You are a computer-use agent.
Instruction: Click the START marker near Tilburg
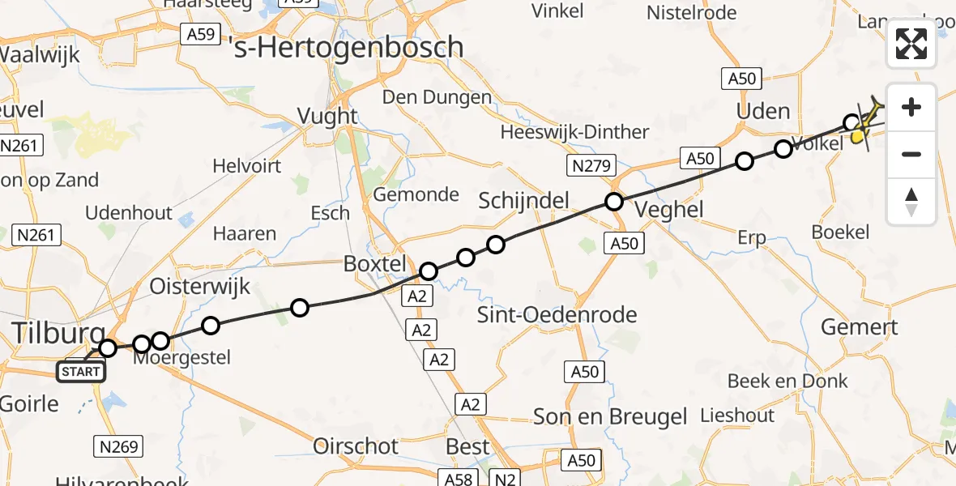[x=81, y=372]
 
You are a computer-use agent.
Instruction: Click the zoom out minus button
[x=911, y=154]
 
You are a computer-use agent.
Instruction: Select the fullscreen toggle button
[x=911, y=44]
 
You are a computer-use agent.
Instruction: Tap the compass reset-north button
[x=911, y=202]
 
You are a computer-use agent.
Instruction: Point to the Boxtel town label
[x=373, y=264]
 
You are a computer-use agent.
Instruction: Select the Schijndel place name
[x=523, y=201]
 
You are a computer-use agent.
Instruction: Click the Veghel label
[x=668, y=209]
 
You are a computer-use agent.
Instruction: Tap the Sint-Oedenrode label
[x=557, y=314]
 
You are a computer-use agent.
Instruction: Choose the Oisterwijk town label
[x=200, y=286]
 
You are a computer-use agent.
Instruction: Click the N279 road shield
[x=591, y=166]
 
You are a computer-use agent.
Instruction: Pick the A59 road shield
[x=198, y=34]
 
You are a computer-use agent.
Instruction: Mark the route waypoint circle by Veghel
[x=614, y=202]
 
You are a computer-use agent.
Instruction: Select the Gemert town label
[x=859, y=327]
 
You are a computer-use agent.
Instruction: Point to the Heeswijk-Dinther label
[x=574, y=132]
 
